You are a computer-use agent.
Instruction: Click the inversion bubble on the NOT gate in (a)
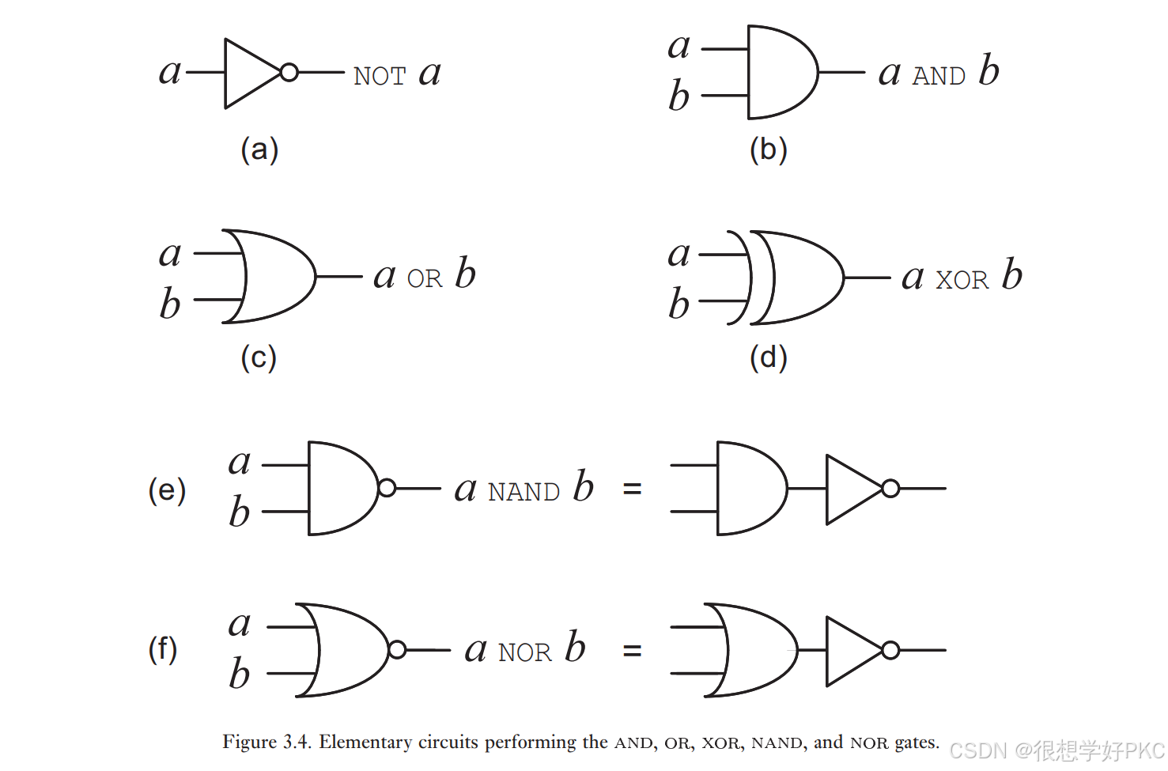point(289,73)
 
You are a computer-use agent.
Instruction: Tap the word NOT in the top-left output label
point(380,77)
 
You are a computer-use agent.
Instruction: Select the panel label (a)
point(259,149)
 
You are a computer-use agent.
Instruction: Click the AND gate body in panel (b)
point(780,73)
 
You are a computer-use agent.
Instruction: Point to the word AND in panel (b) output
point(939,77)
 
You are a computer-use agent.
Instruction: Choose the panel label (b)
point(768,149)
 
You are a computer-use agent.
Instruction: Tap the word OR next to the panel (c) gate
point(425,279)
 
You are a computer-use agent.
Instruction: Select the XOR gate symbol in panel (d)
point(795,278)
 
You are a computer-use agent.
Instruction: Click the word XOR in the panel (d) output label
point(962,281)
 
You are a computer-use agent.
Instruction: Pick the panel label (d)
point(768,357)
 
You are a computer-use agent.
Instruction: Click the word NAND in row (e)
point(524,493)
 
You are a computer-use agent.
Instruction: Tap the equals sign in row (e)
point(632,490)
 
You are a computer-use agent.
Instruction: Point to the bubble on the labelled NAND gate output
point(387,489)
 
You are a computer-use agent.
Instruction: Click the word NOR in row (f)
point(524,653)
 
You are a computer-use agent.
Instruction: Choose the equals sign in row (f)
point(632,652)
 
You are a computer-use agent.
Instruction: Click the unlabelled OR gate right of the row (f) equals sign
point(755,650)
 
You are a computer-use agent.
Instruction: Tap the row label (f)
point(163,650)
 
